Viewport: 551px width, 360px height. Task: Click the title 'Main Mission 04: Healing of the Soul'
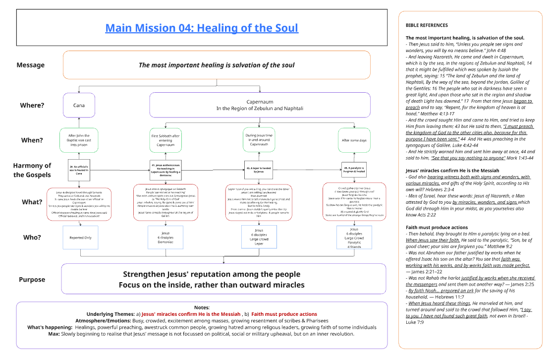(202, 28)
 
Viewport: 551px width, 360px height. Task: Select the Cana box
(79, 105)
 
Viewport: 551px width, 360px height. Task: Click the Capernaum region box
(260, 105)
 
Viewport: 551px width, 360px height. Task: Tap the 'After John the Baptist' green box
(79, 140)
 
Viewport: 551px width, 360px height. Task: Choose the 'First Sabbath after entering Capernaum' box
(166, 140)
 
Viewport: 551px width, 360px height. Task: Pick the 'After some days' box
(354, 140)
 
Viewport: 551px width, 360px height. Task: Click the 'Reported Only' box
(80, 238)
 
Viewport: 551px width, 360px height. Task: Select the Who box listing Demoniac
(166, 238)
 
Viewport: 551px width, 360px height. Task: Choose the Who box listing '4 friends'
(354, 238)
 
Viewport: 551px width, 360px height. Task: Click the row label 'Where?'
(32, 105)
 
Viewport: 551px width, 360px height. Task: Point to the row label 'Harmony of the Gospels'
(32, 170)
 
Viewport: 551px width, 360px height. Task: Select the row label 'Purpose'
(32, 280)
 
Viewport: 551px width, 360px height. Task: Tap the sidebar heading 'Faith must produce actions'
(436, 227)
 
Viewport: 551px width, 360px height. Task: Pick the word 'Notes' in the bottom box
(201, 307)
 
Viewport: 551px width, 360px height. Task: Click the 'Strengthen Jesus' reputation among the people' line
(212, 274)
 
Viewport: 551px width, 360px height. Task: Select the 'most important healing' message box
(217, 65)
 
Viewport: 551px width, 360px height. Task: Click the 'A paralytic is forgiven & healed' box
(354, 169)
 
